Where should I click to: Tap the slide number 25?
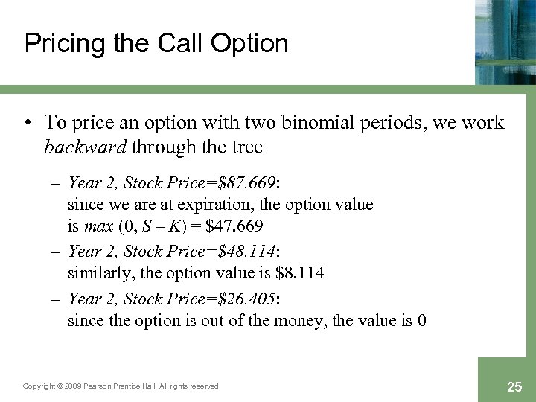pyautogui.click(x=514, y=386)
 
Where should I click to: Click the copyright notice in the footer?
pyautogui.click(x=122, y=386)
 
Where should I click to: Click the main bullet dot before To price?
pyautogui.click(x=28, y=123)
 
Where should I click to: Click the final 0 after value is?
pyautogui.click(x=422, y=321)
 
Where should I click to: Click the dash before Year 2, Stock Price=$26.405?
pyautogui.click(x=57, y=299)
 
